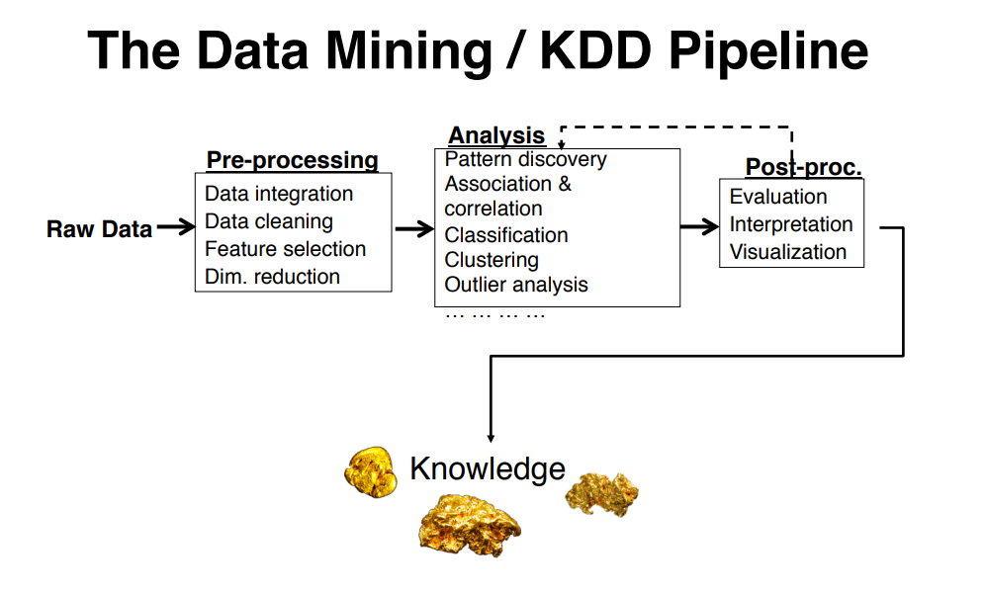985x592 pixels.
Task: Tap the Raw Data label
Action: [99, 229]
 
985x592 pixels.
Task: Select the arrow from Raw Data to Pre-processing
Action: [176, 228]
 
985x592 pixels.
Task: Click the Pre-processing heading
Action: [292, 160]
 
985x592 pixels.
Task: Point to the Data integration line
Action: [279, 194]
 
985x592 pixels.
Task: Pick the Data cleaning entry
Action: [268, 221]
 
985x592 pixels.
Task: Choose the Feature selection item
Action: [285, 249]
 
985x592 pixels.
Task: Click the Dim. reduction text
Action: [272, 277]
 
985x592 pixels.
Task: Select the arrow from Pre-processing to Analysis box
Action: [413, 229]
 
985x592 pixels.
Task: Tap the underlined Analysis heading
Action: [496, 136]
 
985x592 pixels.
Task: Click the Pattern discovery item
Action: [525, 159]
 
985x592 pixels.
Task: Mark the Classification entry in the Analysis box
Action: [506, 235]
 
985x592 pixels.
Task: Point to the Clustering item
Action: [492, 260]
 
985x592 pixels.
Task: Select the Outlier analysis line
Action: [516, 285]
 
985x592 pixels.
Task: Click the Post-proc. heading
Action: [803, 167]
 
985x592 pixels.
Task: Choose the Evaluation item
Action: [778, 197]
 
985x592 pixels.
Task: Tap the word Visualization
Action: [788, 252]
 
